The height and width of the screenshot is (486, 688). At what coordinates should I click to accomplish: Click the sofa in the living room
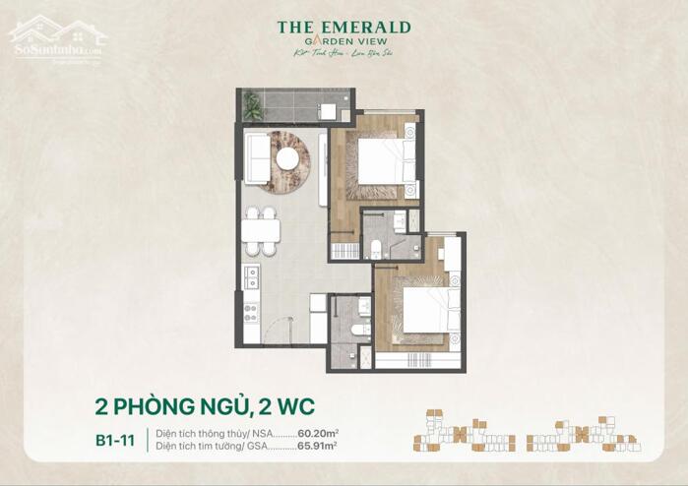point(257,157)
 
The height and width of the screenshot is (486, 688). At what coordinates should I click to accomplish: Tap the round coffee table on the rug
point(287,158)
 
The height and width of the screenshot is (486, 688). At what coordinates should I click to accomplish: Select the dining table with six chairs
point(260,229)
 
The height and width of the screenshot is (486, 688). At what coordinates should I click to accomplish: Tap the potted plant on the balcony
point(252,105)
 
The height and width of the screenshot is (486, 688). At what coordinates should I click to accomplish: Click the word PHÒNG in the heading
point(158,403)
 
